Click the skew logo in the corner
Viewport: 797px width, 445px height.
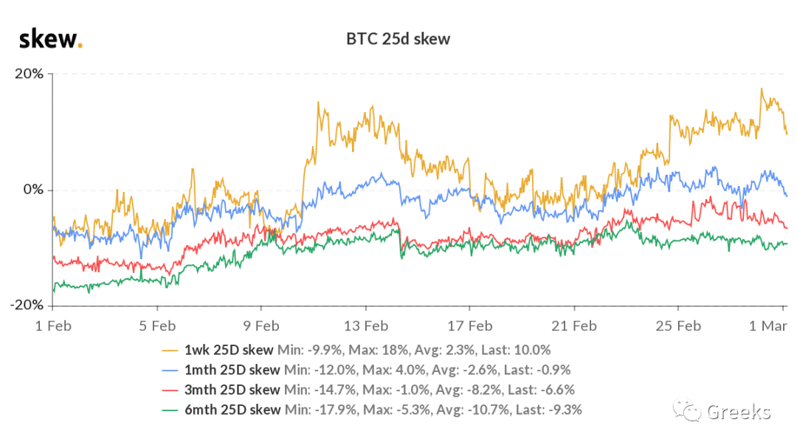pos(51,39)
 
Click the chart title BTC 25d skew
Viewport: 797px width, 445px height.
pos(398,39)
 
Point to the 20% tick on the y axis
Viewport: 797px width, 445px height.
pos(29,74)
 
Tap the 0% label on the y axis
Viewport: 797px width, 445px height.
pos(33,190)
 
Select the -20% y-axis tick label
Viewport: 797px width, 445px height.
pos(27,305)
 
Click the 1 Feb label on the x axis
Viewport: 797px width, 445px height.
pos(53,326)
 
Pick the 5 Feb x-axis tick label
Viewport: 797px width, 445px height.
pos(158,326)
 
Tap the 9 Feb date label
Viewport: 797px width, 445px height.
pos(261,326)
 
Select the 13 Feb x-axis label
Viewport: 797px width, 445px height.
pos(366,326)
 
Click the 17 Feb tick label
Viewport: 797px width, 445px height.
pos(470,326)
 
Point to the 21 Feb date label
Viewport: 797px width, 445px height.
pos(574,326)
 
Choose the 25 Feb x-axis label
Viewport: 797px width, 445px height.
pos(679,326)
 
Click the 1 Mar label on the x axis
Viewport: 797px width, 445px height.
pos(768,326)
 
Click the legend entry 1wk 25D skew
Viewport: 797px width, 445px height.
pos(229,350)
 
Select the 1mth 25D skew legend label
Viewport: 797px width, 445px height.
pos(232,370)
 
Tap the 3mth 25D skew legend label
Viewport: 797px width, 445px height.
pos(232,390)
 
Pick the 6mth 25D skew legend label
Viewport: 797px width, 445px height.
pos(232,410)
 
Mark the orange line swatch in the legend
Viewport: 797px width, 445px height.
pos(170,351)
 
